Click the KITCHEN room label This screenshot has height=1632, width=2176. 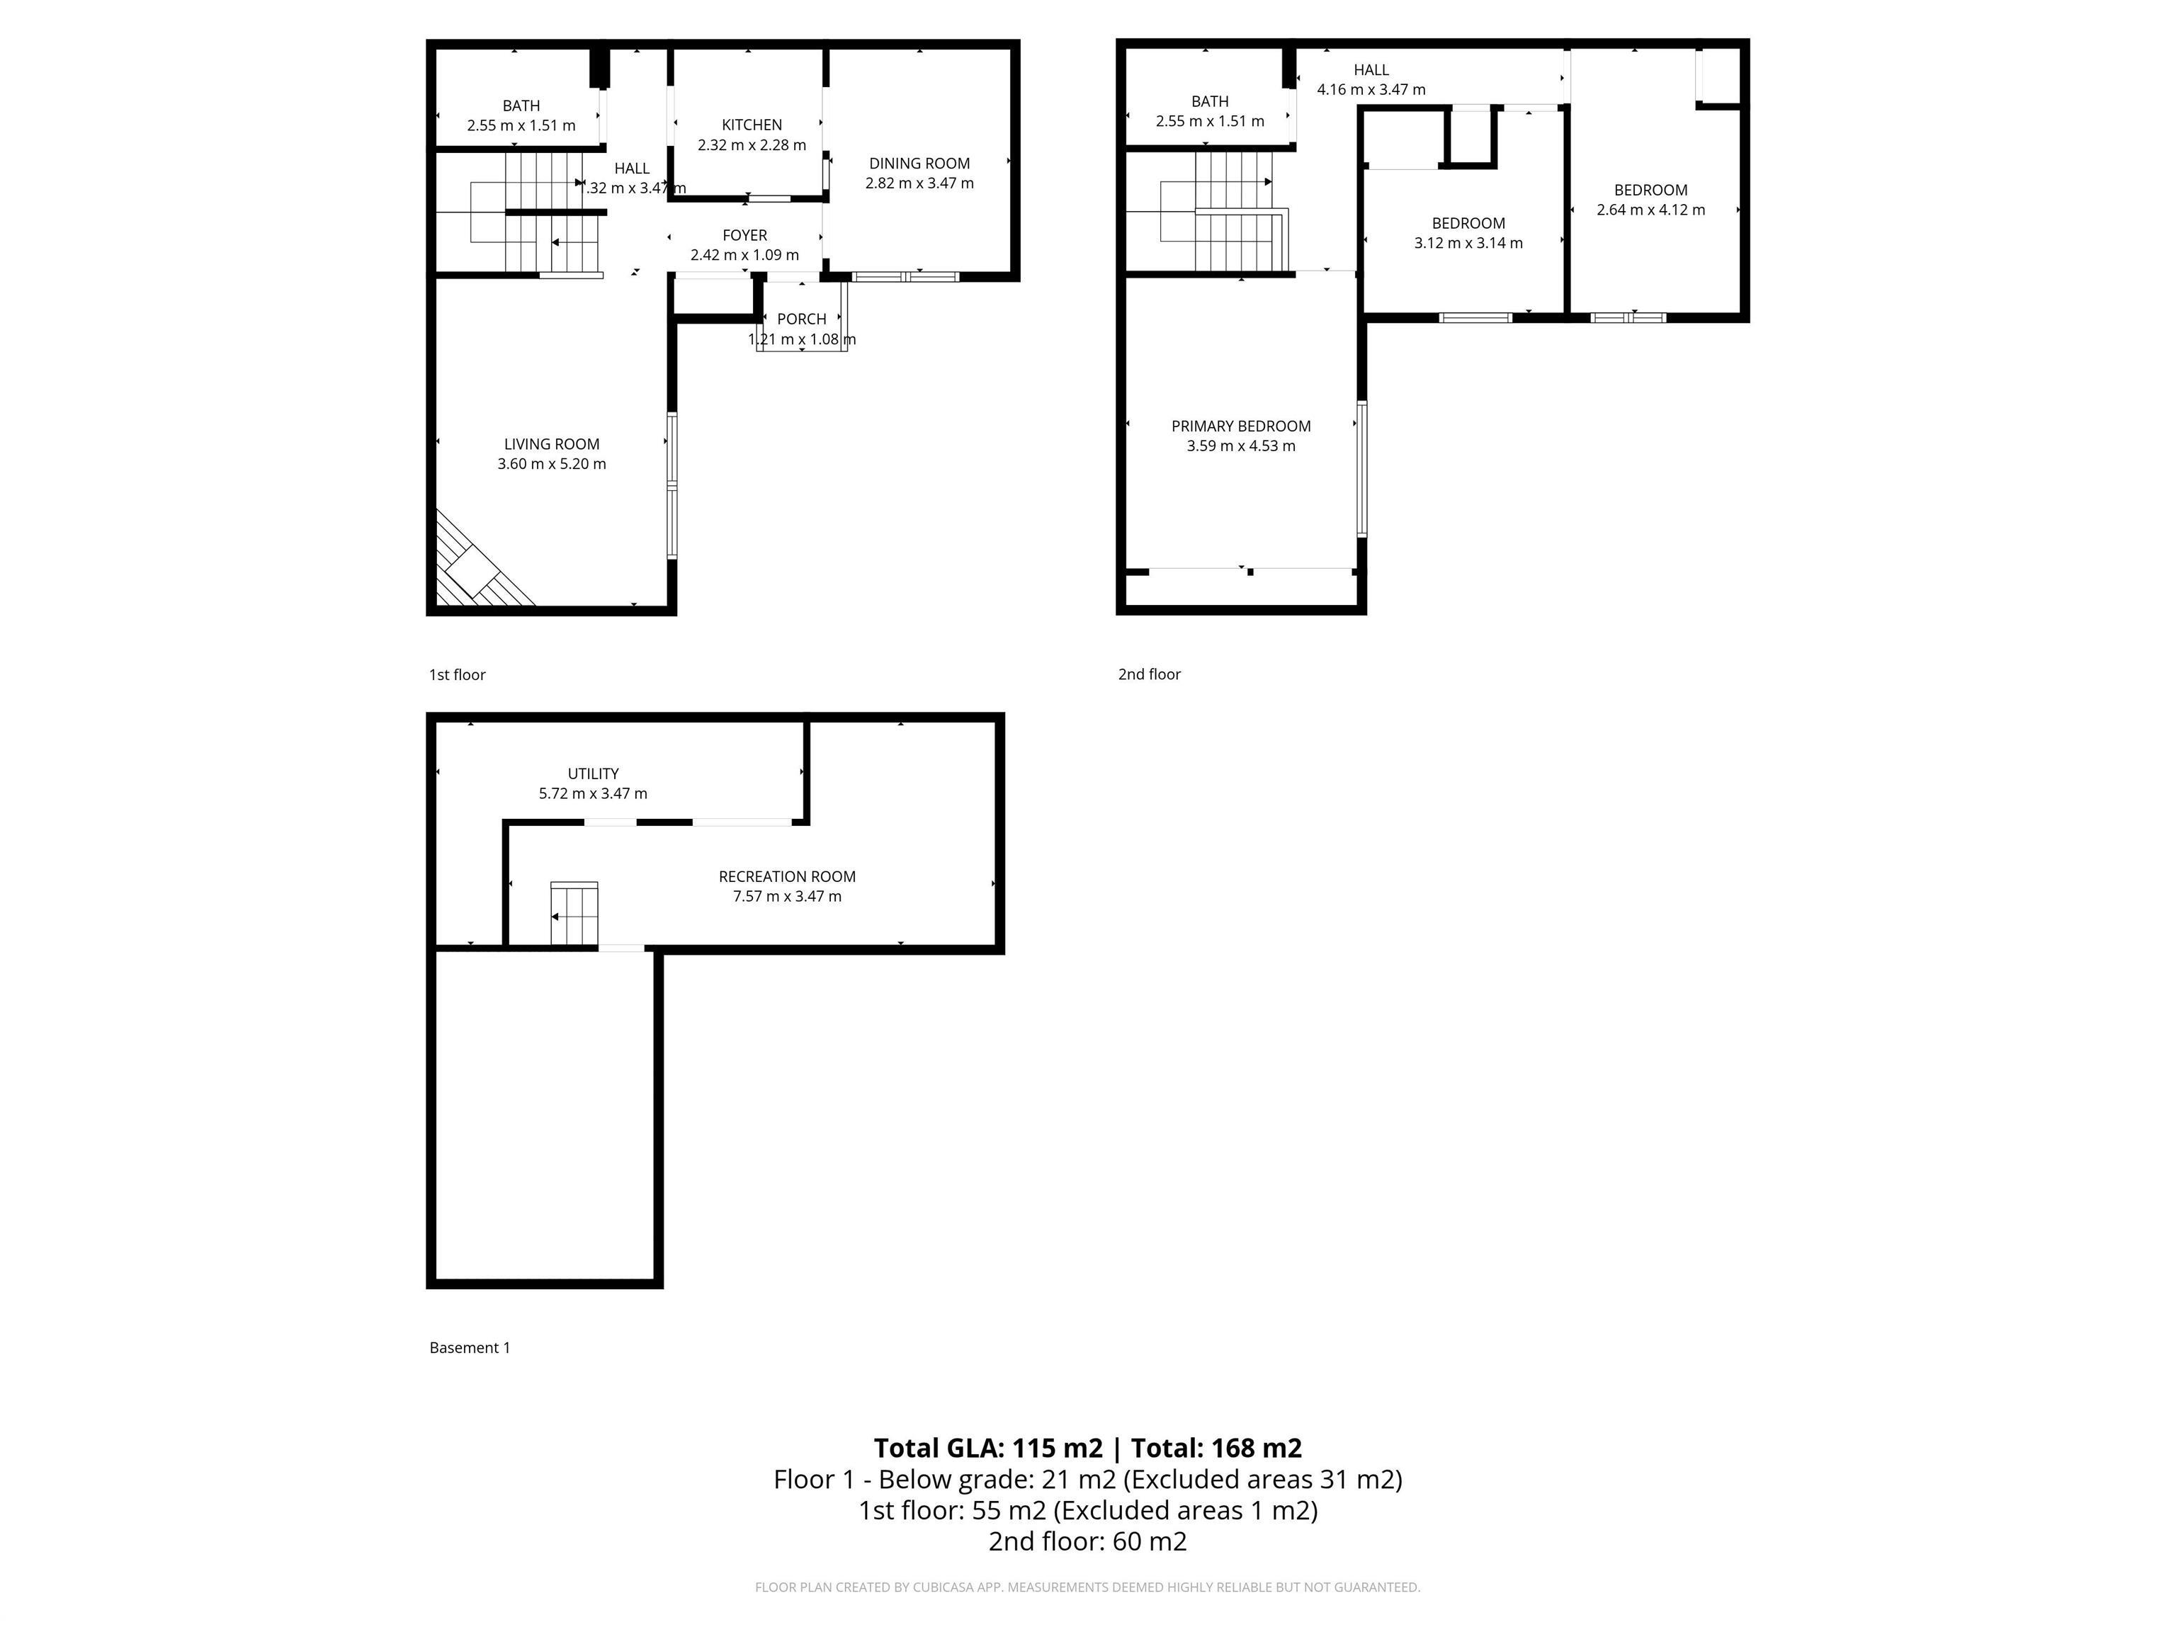[752, 125]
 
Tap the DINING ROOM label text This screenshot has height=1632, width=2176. [919, 164]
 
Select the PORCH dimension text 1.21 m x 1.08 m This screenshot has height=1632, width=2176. [802, 339]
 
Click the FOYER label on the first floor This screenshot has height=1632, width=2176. [744, 235]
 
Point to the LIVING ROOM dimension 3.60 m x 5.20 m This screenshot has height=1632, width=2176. [551, 463]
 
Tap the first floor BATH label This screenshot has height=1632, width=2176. [521, 106]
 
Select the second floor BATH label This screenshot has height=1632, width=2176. [1209, 101]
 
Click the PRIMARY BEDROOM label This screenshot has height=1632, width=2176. [1240, 426]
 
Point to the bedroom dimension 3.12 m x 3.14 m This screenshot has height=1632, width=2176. [1468, 243]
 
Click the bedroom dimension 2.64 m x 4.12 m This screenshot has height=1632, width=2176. [1650, 210]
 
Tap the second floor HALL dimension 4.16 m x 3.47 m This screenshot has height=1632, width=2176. [1371, 89]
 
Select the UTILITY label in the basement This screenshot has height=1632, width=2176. [592, 773]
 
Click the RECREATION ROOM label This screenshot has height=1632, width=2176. [786, 876]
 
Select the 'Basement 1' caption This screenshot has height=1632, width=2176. [469, 1348]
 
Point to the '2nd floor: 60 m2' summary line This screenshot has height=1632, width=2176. [1087, 1541]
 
